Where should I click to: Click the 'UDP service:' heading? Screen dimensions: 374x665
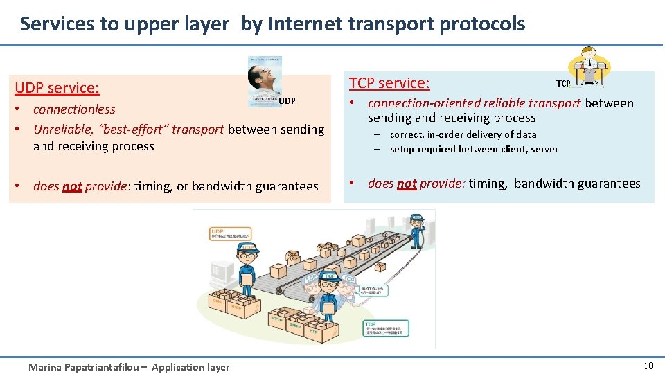tap(57, 88)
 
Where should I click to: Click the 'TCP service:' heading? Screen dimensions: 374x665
tap(389, 83)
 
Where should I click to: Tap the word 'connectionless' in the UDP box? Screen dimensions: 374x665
tap(74, 109)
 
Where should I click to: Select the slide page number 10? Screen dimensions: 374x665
tap(648, 366)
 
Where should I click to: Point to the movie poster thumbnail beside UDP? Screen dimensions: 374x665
tap(265, 81)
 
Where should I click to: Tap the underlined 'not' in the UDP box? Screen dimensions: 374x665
tap(72, 186)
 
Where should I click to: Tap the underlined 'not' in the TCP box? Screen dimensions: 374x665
tap(407, 184)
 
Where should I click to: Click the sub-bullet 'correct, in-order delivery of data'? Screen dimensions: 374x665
tap(463, 134)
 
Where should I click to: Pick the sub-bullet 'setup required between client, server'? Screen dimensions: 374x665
tap(474, 149)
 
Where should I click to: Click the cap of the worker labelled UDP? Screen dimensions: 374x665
tap(247, 247)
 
